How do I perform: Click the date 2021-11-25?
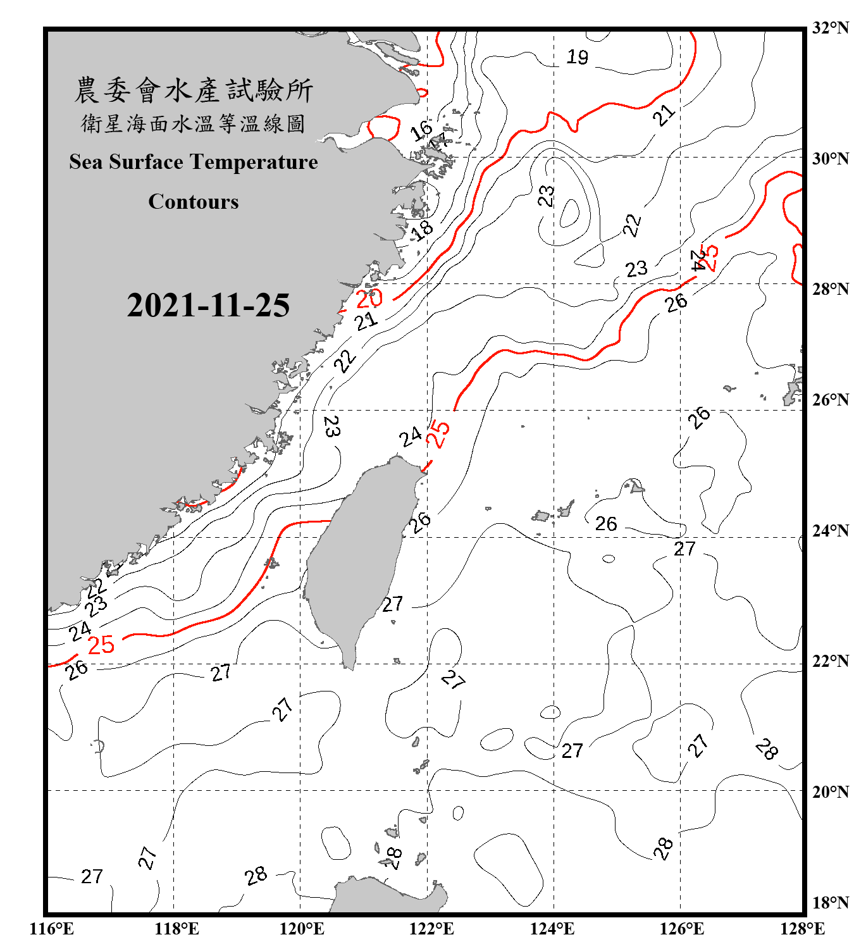pyautogui.click(x=208, y=306)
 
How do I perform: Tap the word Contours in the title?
pyautogui.click(x=194, y=202)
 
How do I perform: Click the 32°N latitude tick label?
pyautogui.click(x=831, y=28)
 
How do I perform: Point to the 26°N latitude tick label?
pyautogui.click(x=831, y=400)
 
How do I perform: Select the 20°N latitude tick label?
pyautogui.click(x=831, y=791)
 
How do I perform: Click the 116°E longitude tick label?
pyautogui.click(x=52, y=929)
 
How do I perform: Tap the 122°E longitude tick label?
pyautogui.click(x=431, y=929)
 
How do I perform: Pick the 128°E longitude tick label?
pyautogui.click(x=802, y=929)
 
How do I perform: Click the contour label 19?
pyautogui.click(x=577, y=58)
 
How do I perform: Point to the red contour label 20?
pyautogui.click(x=369, y=298)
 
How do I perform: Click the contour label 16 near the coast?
pyautogui.click(x=421, y=131)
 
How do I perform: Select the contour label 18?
pyautogui.click(x=422, y=229)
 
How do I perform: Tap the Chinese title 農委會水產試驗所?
pyautogui.click(x=194, y=90)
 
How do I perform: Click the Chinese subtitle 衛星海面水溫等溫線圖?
pyautogui.click(x=194, y=124)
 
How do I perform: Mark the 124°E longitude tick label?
pyautogui.click(x=552, y=929)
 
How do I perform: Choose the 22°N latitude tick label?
pyautogui.click(x=831, y=661)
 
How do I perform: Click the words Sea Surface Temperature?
pyautogui.click(x=194, y=162)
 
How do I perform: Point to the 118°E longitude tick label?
pyautogui.click(x=176, y=929)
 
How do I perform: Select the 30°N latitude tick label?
pyautogui.click(x=831, y=158)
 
